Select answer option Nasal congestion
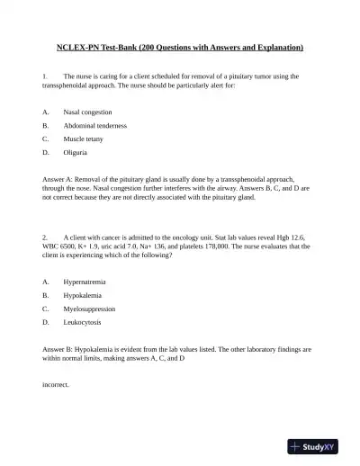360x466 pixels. (87, 112)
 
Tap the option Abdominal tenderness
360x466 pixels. (94, 126)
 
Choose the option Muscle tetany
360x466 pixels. (84, 139)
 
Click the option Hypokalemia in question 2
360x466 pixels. (82, 295)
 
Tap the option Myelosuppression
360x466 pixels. (89, 309)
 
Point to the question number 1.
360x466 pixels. (45, 77)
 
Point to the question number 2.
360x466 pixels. (45, 236)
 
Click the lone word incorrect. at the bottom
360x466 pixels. (56, 384)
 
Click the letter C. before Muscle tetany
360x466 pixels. (46, 139)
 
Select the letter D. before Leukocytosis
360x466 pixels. (46, 322)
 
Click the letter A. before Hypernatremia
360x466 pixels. (46, 282)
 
